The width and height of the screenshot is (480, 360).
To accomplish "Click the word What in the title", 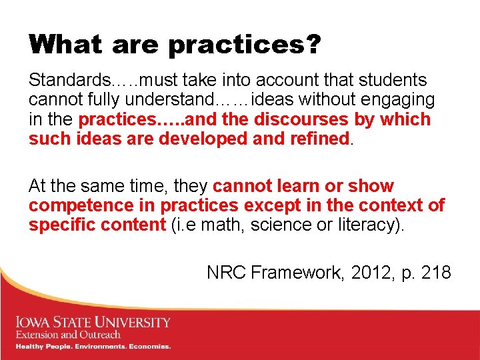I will click(x=65, y=45).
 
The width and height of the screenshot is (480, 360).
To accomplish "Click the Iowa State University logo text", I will click(x=93, y=323).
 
